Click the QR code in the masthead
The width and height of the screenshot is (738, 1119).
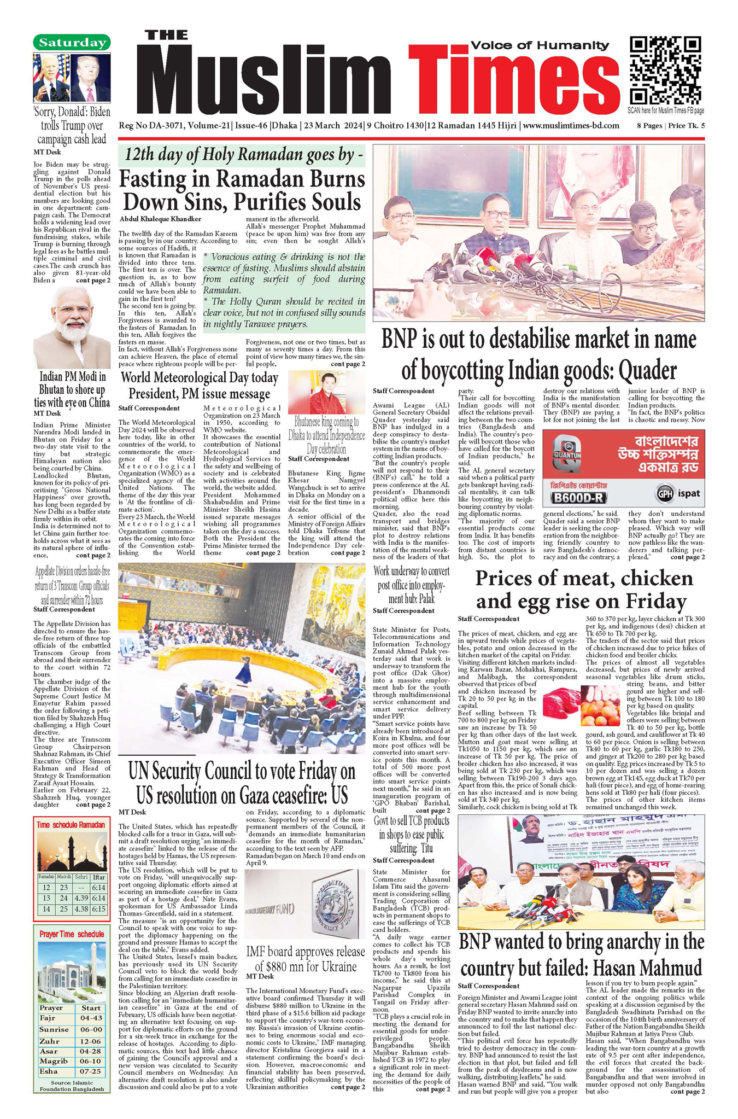click(665, 71)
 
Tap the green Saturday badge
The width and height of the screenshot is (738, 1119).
click(72, 42)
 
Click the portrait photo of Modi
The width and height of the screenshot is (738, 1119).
click(72, 327)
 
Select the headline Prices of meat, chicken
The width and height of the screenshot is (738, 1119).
click(584, 579)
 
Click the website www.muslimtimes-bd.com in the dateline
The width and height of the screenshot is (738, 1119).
click(571, 126)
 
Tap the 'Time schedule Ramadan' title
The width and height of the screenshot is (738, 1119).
click(71, 825)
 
